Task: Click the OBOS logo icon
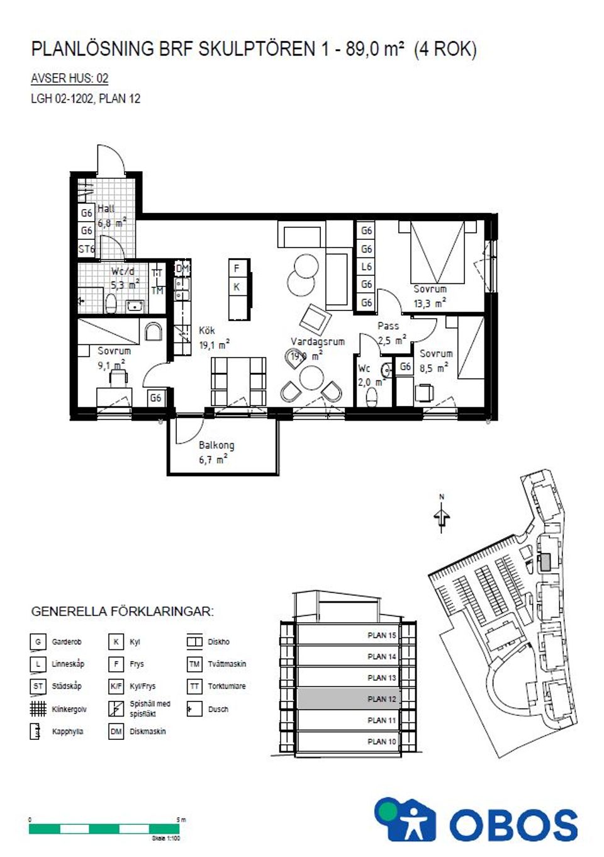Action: tap(405, 820)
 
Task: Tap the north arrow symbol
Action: tap(442, 516)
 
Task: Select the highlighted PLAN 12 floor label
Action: tap(382, 699)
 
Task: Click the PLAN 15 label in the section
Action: tap(382, 635)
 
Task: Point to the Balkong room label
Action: tap(216, 445)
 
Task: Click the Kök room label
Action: tap(207, 331)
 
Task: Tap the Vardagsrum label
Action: tap(318, 342)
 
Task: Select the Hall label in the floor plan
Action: tap(106, 208)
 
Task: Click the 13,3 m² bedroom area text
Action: tap(430, 304)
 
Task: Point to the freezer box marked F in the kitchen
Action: tap(237, 269)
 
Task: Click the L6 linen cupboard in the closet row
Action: tap(366, 267)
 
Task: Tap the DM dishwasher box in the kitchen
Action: tap(182, 269)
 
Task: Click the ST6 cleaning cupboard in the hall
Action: tap(86, 249)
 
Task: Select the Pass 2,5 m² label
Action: tap(390, 333)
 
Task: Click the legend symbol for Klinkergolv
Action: tap(38, 709)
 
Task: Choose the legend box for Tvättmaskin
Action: tap(194, 664)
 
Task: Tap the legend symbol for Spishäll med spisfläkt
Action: tap(116, 709)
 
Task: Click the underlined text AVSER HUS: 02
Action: tap(69, 79)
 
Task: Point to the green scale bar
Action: tap(105, 829)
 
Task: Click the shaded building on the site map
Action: tap(545, 562)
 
